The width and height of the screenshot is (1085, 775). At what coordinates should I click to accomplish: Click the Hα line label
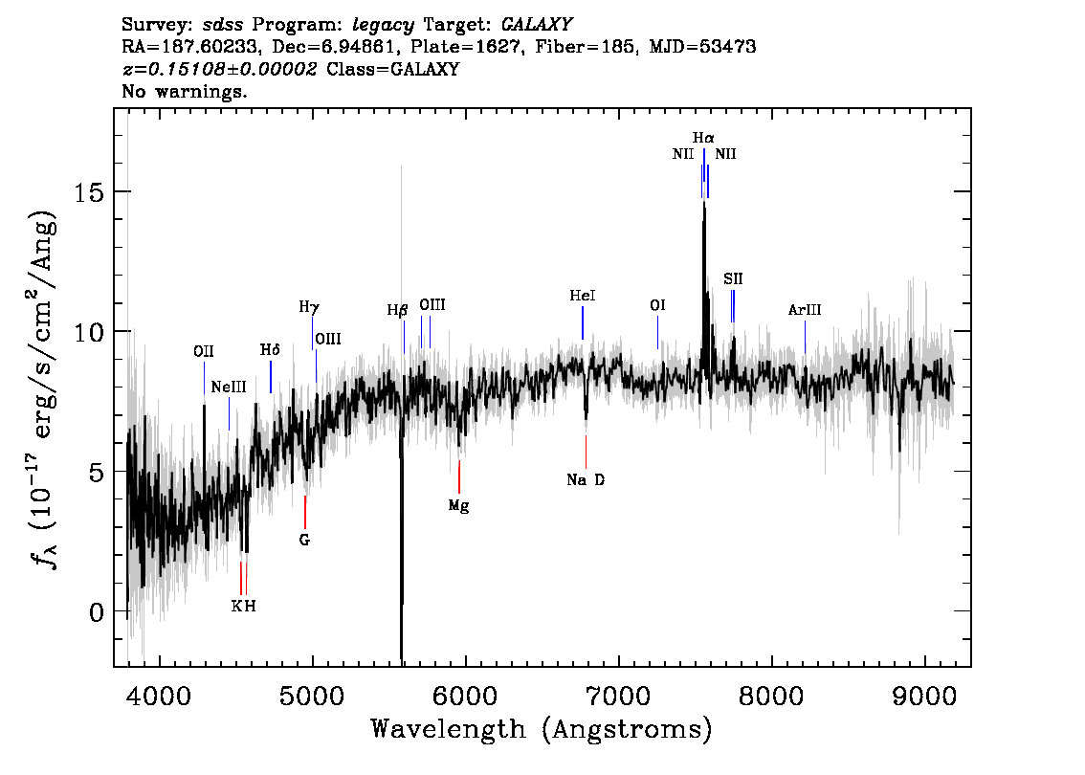click(x=703, y=139)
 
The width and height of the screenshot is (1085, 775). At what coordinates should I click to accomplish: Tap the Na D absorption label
click(x=586, y=479)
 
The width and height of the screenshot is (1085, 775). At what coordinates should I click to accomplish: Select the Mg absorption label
click(x=458, y=506)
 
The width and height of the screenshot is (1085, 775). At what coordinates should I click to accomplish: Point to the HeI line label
click(x=583, y=296)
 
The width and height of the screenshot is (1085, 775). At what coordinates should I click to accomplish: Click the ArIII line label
click(x=805, y=310)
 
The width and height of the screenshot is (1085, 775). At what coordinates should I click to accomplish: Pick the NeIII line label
click(x=229, y=387)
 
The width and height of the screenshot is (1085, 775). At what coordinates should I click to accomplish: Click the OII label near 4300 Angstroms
click(x=204, y=351)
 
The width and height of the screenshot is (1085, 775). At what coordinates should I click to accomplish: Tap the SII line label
click(x=733, y=278)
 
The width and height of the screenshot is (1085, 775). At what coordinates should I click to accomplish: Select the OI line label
click(x=657, y=305)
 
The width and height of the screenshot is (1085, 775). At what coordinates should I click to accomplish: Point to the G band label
click(x=304, y=540)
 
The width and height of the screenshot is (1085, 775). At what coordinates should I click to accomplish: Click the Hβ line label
click(x=397, y=310)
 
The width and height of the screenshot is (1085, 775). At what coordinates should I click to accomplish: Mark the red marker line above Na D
click(x=586, y=453)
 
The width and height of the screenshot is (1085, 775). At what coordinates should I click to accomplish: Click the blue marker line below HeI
click(x=583, y=323)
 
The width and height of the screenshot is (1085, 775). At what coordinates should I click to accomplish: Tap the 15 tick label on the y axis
click(x=89, y=191)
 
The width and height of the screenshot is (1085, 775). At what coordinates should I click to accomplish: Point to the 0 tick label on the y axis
click(x=97, y=611)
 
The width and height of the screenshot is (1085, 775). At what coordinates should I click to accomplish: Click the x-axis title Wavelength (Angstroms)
click(x=542, y=729)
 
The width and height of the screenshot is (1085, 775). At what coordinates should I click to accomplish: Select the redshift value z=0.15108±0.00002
click(x=220, y=69)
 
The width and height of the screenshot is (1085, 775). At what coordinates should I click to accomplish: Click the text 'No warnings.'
click(x=184, y=91)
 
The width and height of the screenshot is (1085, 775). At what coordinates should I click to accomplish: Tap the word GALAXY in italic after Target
click(x=536, y=25)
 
